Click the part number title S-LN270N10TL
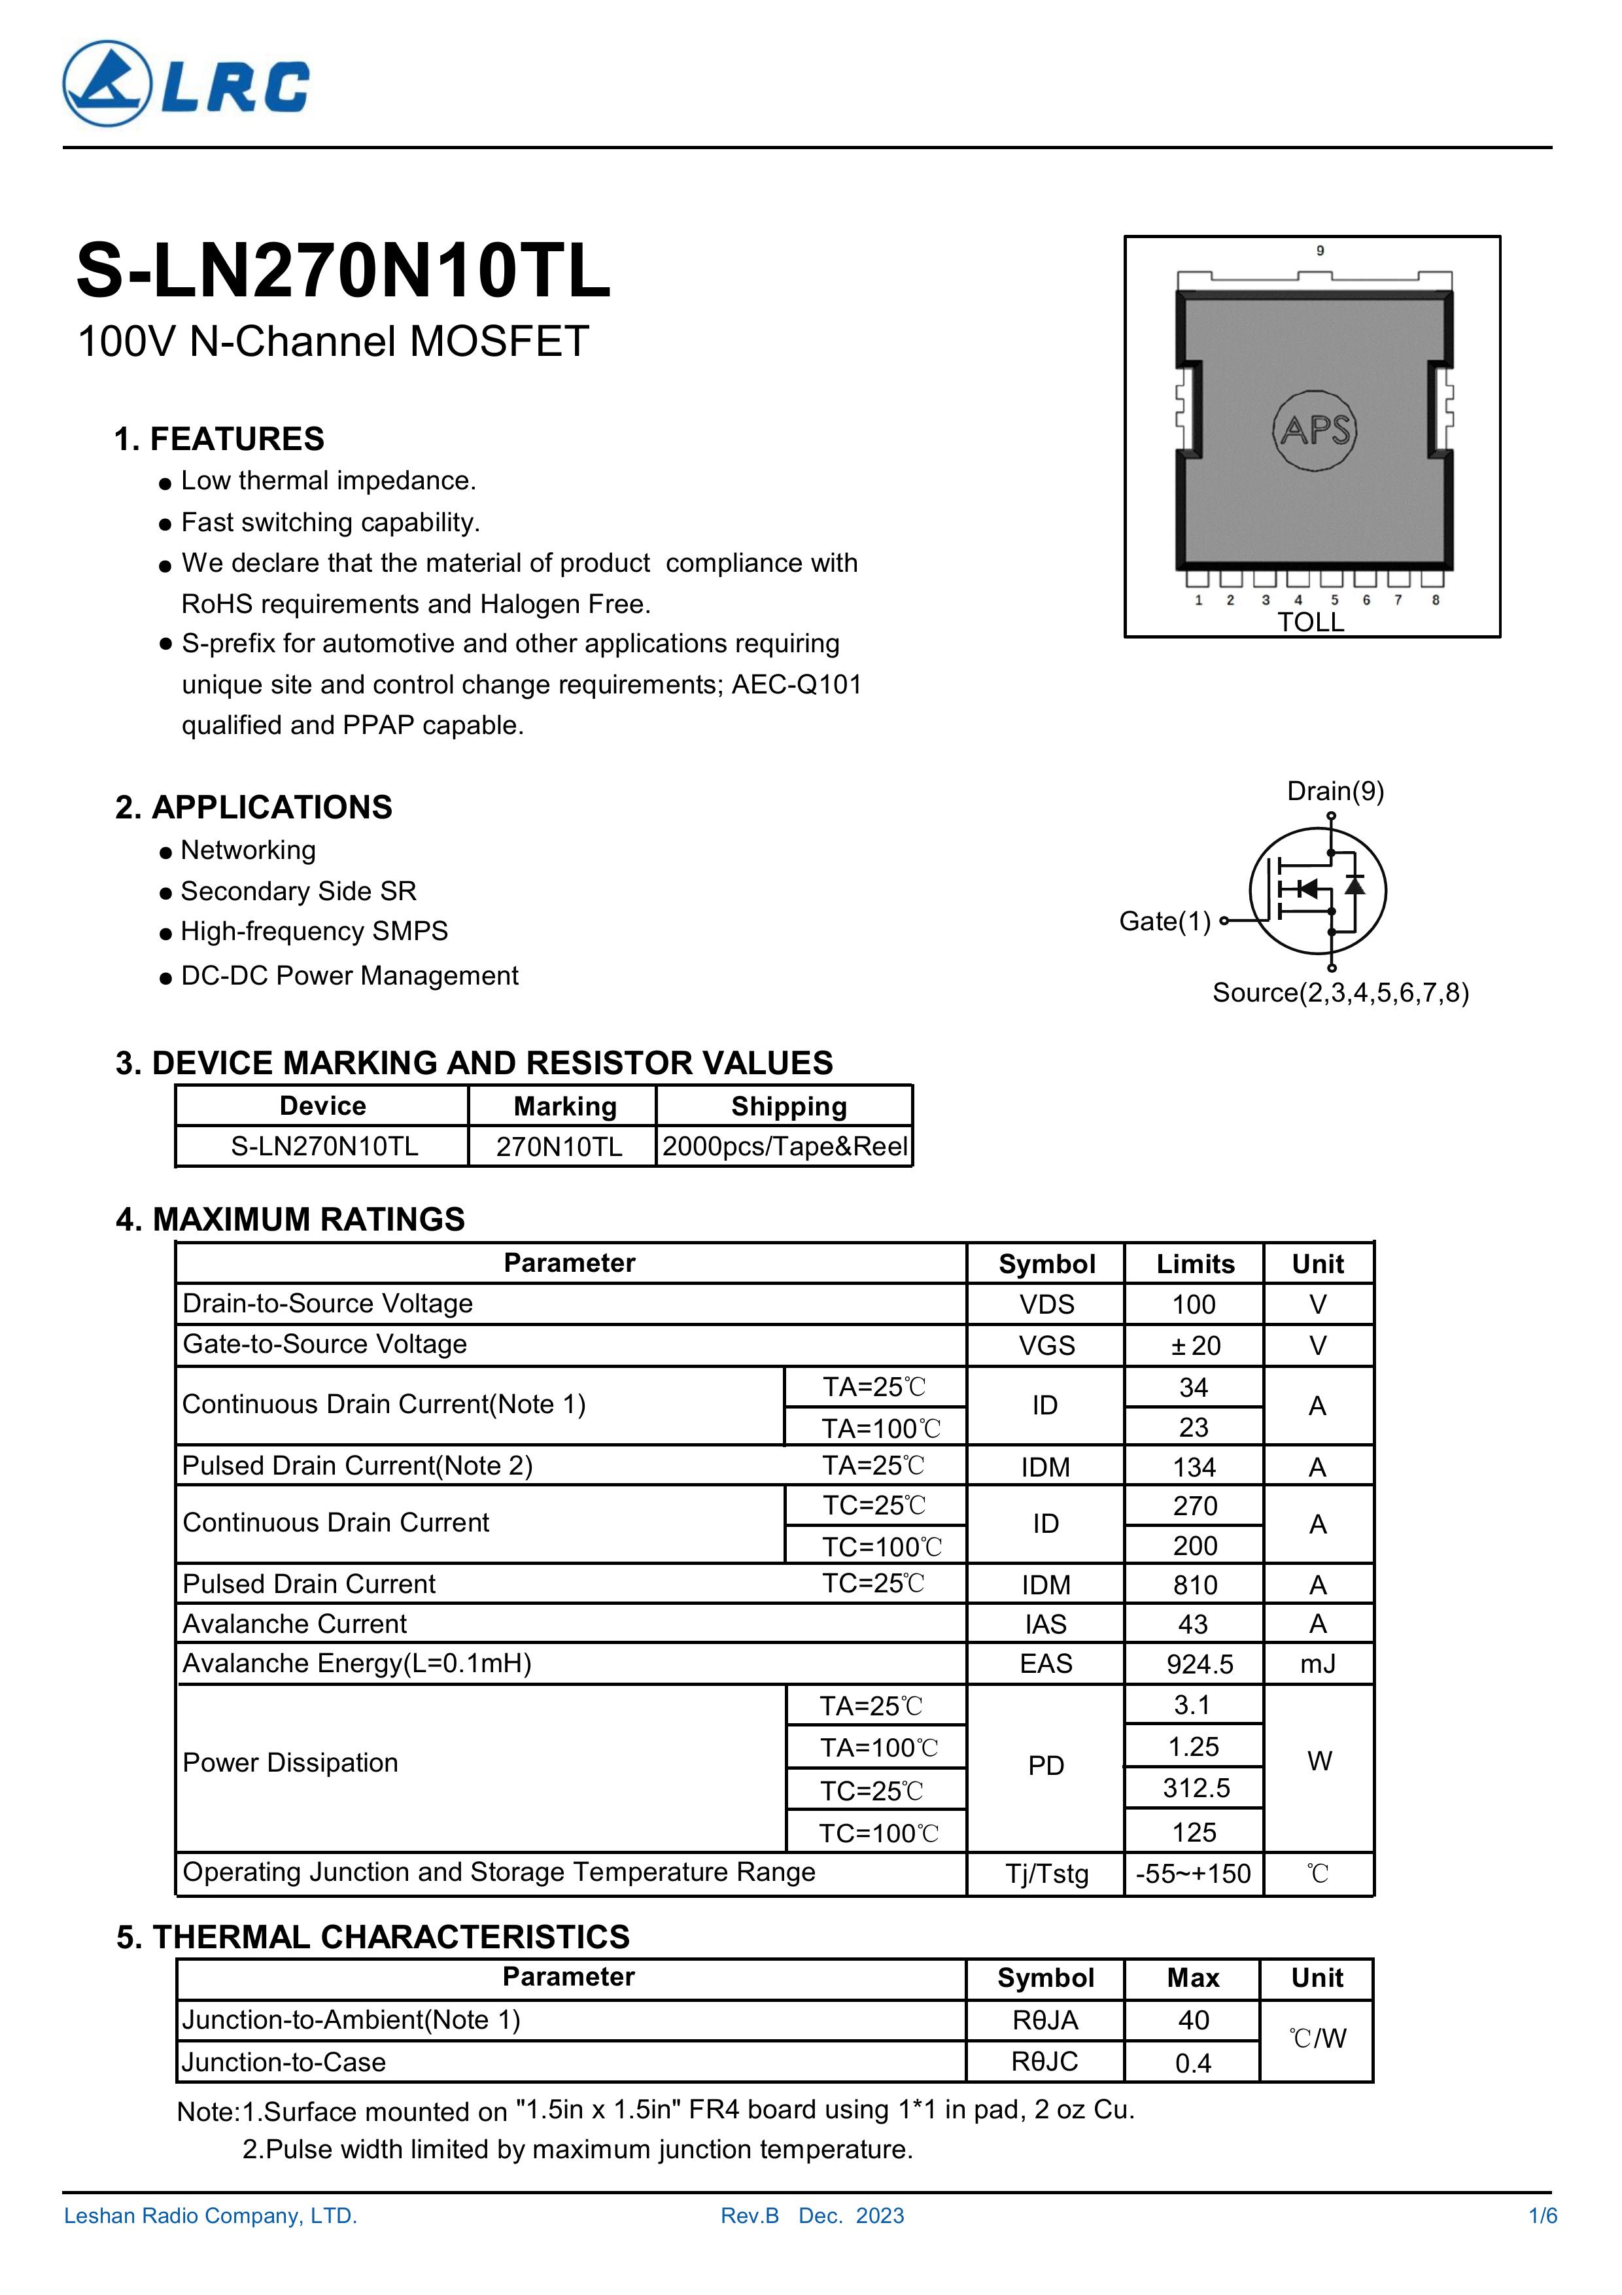(343, 272)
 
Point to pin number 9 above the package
(1320, 251)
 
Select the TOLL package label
(1310, 623)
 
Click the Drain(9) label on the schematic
(1335, 792)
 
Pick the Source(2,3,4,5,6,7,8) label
(1340, 992)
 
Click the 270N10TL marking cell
(560, 1146)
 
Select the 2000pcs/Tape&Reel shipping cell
(785, 1146)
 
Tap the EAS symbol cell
(1045, 1663)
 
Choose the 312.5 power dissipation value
(1196, 1788)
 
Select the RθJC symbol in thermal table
(1044, 2061)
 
